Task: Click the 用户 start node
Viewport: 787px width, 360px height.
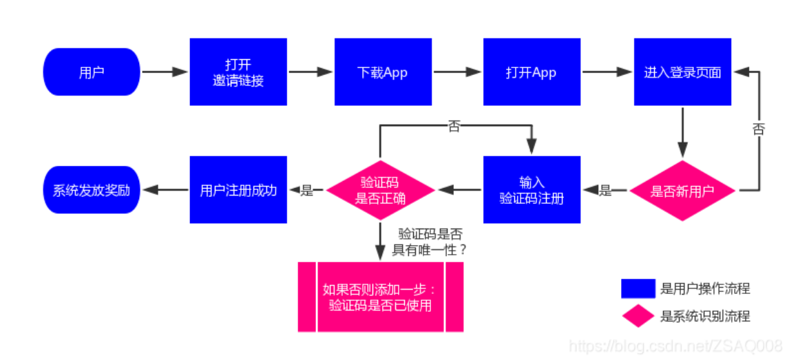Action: (x=92, y=72)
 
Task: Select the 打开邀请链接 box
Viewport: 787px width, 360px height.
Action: (x=238, y=72)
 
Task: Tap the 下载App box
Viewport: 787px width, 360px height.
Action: (x=383, y=72)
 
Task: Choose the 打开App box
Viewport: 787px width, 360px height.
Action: (x=531, y=72)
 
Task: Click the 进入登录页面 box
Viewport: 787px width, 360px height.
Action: (x=682, y=72)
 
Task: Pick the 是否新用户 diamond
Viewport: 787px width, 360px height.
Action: (x=682, y=191)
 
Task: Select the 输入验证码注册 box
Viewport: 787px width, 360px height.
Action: (x=532, y=191)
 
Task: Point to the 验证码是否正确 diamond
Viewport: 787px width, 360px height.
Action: (x=380, y=191)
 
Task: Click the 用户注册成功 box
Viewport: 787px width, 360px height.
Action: (x=238, y=191)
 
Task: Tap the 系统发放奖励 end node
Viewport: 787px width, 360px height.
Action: (x=92, y=191)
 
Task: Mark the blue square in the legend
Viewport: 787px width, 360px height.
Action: (x=638, y=288)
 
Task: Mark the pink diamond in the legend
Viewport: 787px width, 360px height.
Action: (x=638, y=316)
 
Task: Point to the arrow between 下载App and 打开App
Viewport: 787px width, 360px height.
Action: (x=457, y=72)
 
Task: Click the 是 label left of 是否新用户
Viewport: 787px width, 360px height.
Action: (x=605, y=191)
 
